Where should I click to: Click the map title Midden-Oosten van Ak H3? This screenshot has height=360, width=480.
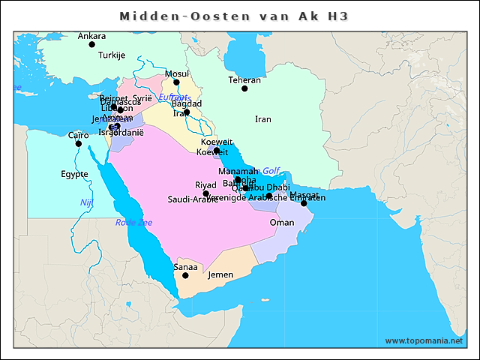(x=235, y=16)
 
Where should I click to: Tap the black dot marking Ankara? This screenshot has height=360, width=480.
(x=92, y=44)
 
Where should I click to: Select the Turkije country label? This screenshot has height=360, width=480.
(x=112, y=55)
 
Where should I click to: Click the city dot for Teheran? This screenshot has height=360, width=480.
(x=244, y=88)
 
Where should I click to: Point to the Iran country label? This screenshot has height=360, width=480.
(x=262, y=119)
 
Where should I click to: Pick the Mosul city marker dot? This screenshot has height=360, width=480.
(x=177, y=82)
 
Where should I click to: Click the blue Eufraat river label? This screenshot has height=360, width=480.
(x=173, y=97)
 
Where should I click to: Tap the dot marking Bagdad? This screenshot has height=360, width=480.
(x=187, y=112)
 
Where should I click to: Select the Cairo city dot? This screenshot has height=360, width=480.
(x=79, y=143)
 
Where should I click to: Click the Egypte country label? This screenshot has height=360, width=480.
(x=74, y=174)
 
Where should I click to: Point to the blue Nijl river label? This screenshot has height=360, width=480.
(x=86, y=203)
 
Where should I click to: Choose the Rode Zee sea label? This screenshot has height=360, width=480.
(x=133, y=223)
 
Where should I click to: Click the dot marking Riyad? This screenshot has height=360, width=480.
(x=206, y=193)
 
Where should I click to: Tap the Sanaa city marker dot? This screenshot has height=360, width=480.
(x=186, y=275)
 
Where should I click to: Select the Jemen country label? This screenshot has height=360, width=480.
(x=220, y=274)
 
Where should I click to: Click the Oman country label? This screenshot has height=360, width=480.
(x=282, y=223)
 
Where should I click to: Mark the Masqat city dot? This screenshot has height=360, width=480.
(x=304, y=203)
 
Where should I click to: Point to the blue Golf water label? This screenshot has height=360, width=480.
(x=271, y=171)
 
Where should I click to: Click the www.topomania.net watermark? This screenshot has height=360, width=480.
(x=424, y=341)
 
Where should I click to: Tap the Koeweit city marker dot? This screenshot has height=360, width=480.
(x=216, y=150)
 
